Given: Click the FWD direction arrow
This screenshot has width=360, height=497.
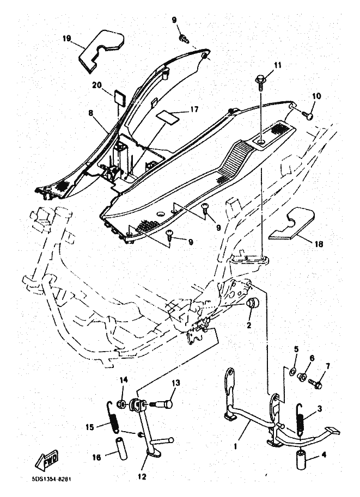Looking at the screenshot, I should tap(47, 459).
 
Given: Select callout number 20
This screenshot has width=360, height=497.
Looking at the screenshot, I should tap(96, 85).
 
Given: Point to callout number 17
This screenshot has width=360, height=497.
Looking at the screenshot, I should tap(194, 109).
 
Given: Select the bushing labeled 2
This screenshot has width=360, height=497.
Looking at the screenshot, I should tap(253, 303).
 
